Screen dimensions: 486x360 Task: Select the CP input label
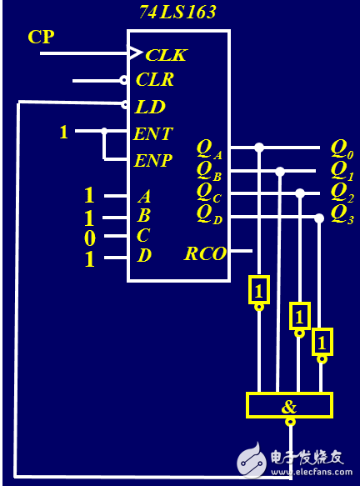[42, 37]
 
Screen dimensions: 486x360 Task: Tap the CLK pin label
[166, 55]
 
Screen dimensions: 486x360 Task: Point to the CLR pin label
[154, 80]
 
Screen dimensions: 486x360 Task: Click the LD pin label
[150, 107]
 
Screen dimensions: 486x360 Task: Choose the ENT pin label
[152, 133]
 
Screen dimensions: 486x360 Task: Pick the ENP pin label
[152, 159]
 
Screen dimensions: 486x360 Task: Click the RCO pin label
[205, 253]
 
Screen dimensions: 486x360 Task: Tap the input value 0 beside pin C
[89, 238]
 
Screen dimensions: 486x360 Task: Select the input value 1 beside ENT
[63, 132]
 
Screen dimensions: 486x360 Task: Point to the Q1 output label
[342, 170]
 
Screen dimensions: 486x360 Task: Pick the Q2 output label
[342, 192]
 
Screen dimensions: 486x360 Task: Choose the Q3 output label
[342, 213]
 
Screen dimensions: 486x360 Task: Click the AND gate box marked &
[289, 406]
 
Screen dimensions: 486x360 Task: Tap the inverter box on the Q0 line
[259, 289]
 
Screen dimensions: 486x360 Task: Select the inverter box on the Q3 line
[322, 342]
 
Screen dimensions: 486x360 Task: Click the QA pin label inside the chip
[208, 149]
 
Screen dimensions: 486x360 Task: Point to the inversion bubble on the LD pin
[124, 105]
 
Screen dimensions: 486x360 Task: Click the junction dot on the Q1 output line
[280, 172]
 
